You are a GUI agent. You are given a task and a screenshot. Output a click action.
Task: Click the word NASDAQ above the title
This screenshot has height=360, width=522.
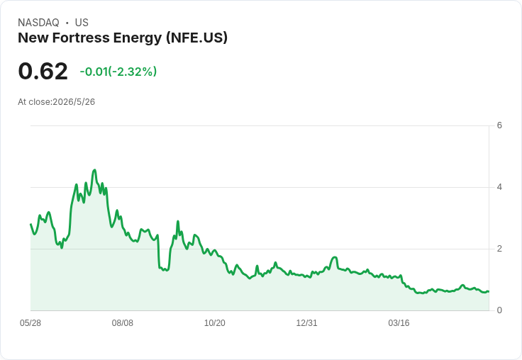pos(38,23)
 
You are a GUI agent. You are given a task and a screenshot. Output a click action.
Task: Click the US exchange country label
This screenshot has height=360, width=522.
pos(82,23)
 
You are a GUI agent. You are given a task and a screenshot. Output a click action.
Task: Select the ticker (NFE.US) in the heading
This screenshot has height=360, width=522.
pos(196,38)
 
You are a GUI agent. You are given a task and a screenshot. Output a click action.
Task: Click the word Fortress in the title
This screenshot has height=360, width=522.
pos(82,38)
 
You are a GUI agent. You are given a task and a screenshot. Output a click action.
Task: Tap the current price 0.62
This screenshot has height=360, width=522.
pos(43,71)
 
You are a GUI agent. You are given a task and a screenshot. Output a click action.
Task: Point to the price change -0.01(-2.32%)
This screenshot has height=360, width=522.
pos(118,72)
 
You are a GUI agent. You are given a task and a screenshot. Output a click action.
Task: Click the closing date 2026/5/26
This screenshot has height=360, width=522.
pos(74,102)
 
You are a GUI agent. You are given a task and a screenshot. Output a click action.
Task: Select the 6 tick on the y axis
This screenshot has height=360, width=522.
pos(499,125)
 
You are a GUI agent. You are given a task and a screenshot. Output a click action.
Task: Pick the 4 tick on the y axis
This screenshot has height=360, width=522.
pos(499,187)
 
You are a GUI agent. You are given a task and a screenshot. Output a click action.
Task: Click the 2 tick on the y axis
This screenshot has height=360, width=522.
pos(499,249)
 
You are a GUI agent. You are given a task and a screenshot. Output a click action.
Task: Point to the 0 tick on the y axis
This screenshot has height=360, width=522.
pos(499,310)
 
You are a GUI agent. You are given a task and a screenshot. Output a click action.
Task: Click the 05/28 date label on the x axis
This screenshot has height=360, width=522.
pos(30,323)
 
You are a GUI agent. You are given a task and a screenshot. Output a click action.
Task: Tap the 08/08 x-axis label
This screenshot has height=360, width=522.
pos(123,323)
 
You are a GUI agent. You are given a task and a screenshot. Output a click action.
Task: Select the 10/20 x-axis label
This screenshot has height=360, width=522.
pos(215,323)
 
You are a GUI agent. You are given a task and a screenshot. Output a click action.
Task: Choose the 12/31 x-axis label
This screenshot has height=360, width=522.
pos(306,323)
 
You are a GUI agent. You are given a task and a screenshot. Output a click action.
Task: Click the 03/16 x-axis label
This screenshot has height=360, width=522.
pos(399,323)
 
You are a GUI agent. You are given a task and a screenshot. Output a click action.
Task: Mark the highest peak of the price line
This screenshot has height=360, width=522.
pos(95,170)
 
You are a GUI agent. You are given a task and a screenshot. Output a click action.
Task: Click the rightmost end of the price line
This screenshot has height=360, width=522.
pos(489,291)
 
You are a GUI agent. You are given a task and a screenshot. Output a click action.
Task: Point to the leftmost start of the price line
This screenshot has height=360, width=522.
pos(31,224)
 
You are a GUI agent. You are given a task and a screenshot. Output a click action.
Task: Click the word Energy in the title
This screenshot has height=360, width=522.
pos(138,38)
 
